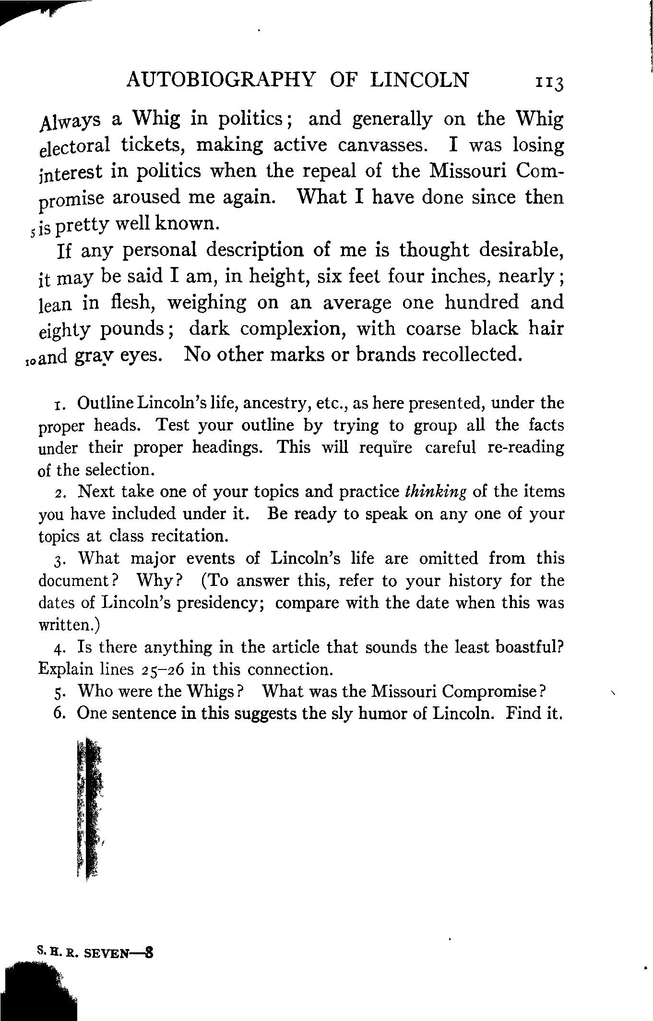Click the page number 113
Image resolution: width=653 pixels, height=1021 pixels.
(x=548, y=82)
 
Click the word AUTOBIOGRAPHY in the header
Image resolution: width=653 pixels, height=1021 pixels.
(x=221, y=80)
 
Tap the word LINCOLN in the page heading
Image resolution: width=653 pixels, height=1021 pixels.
(x=420, y=80)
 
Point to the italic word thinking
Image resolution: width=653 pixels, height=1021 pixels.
(x=436, y=492)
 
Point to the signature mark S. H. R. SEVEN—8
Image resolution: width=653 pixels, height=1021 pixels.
(x=95, y=952)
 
